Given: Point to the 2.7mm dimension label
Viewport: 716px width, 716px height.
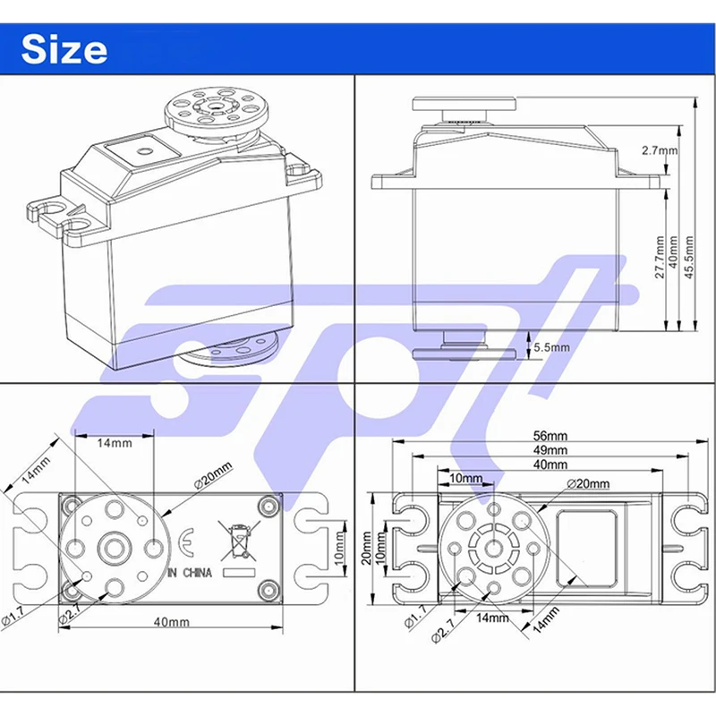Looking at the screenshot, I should pyautogui.click(x=660, y=151).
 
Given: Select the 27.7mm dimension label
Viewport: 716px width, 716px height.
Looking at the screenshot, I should pyautogui.click(x=661, y=258).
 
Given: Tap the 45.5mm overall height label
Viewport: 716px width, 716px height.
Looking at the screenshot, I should pyautogui.click(x=688, y=258).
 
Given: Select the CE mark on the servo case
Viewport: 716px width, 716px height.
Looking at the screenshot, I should pyautogui.click(x=184, y=541).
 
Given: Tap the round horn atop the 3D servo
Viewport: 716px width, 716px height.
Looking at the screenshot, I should pyautogui.click(x=207, y=111).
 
